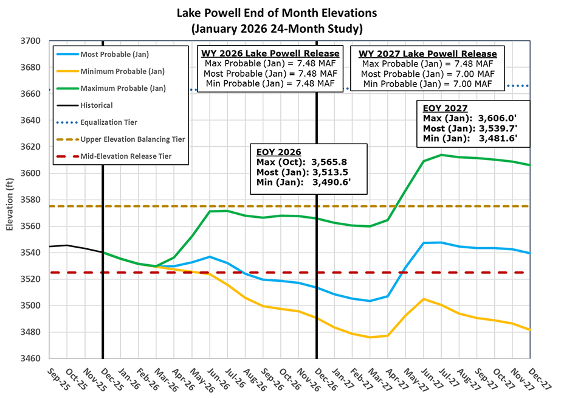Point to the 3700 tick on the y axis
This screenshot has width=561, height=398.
point(30,41)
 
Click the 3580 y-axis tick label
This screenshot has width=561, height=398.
point(30,200)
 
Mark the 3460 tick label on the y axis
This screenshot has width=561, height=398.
point(30,358)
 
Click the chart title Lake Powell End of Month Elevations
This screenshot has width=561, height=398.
point(280,12)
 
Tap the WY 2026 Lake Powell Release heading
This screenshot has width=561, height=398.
point(270,54)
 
